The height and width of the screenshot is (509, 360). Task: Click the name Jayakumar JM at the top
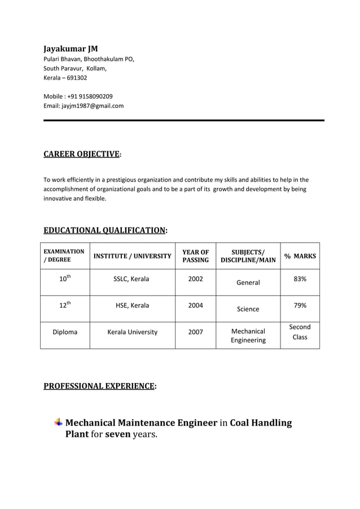(x=71, y=49)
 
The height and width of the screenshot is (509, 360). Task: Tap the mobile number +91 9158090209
(x=89, y=96)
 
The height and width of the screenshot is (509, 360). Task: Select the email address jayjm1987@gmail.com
(x=93, y=106)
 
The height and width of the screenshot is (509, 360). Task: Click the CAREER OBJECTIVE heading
(x=82, y=154)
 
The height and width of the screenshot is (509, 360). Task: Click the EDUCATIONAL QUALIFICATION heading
(x=104, y=230)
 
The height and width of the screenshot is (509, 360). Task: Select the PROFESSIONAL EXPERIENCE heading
(x=99, y=387)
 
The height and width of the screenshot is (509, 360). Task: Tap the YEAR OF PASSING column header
(x=195, y=256)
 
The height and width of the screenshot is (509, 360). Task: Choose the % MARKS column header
(x=300, y=256)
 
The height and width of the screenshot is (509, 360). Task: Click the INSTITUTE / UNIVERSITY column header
(x=132, y=256)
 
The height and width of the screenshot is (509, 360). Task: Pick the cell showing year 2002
(x=195, y=279)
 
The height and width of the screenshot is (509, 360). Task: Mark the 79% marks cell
(x=300, y=305)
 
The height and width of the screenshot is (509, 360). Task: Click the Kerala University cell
(x=132, y=332)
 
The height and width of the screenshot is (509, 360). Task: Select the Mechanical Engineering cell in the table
(x=248, y=336)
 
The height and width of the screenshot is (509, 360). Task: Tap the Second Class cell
(x=300, y=332)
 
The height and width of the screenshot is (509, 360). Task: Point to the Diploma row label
(x=65, y=332)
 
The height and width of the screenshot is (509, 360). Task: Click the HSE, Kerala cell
(x=132, y=305)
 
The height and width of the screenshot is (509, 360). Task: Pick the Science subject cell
(x=248, y=309)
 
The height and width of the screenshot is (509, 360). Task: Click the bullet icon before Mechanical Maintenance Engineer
(x=58, y=423)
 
